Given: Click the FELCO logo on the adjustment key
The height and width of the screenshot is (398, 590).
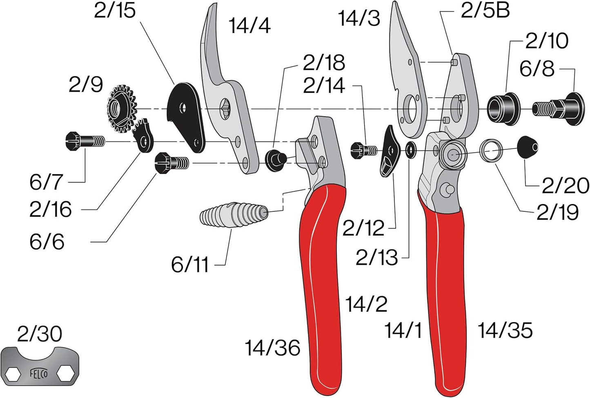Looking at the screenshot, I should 39,373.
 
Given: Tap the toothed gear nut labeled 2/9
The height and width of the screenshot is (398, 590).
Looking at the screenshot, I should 120,109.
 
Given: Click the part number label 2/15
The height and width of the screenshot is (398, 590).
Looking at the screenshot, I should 114,11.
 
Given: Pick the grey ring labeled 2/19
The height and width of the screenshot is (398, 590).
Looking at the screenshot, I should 491,151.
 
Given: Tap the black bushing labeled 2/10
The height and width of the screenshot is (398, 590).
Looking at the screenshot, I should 504,109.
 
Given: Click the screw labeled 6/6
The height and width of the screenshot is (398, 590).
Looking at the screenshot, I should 171,163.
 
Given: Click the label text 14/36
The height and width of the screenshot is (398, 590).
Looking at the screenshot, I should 272,348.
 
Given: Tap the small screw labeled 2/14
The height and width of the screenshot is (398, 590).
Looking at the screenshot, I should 364,149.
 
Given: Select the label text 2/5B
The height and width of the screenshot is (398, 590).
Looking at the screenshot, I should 485,11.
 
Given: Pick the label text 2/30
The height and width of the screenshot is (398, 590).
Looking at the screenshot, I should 40,334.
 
